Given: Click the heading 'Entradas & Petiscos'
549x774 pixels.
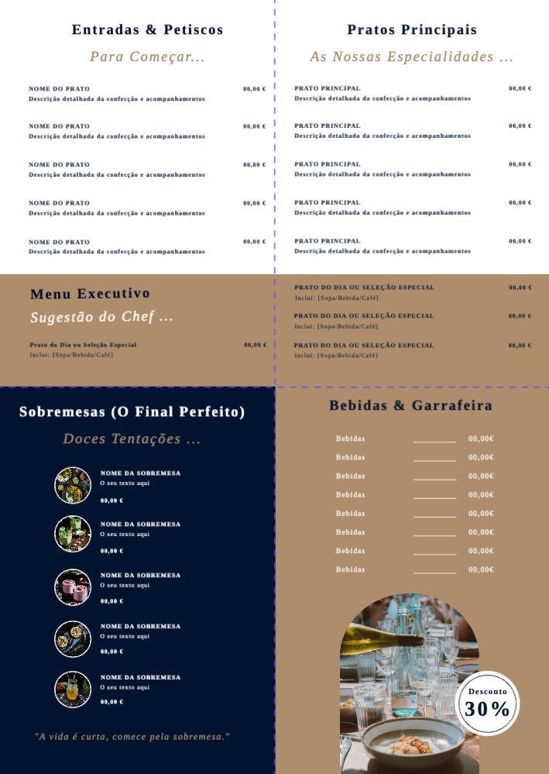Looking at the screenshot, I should coord(147,30).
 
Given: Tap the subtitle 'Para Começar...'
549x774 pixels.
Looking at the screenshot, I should coord(147,57).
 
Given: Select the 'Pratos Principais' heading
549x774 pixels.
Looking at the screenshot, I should coord(412,30).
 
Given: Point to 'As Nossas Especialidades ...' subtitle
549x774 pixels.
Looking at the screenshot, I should coord(412,57).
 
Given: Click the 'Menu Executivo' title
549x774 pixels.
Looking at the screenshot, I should coord(90,294).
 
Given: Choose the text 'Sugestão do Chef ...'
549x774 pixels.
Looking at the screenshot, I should coord(101,317).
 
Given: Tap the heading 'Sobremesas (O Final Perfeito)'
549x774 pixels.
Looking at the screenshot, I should coord(132,412).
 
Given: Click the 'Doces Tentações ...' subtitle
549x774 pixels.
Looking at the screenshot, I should coord(132,439).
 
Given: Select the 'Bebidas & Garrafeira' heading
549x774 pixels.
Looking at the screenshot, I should coord(410,405).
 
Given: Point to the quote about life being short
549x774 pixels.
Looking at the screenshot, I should coord(132,736).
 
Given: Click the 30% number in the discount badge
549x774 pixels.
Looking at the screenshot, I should coord(487,709).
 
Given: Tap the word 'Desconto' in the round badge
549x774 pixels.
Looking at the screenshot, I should coord(488,691).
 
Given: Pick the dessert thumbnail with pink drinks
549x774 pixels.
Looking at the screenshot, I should coord(73,587).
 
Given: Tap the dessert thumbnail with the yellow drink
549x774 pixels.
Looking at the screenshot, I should coord(73,689).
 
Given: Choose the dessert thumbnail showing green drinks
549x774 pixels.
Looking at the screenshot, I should coord(73,534).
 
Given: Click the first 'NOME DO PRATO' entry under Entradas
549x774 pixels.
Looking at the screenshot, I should coord(60,89).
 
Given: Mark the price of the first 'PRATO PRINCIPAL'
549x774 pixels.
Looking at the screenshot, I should coord(520,88).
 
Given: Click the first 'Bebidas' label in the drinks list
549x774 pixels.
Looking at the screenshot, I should coord(350,439).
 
